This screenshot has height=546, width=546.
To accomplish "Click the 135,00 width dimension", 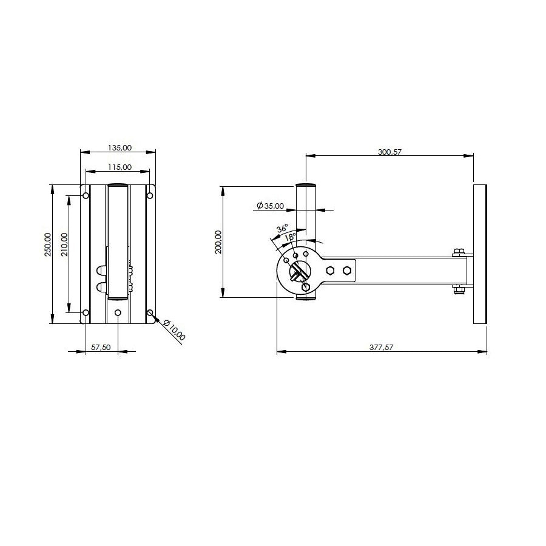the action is (x=120, y=147).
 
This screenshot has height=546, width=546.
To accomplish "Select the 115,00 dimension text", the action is (x=120, y=167).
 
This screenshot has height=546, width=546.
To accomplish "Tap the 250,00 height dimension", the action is (x=48, y=244).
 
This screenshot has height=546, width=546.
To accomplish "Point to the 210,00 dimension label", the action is (x=65, y=244).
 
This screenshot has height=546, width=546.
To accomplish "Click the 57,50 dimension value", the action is (x=101, y=347).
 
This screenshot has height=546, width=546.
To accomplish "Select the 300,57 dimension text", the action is (x=390, y=152).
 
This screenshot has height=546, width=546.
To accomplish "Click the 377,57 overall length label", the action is (x=382, y=347).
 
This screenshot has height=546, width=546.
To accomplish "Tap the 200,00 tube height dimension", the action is (x=218, y=242).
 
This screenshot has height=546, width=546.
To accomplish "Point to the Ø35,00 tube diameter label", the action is (x=270, y=206).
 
